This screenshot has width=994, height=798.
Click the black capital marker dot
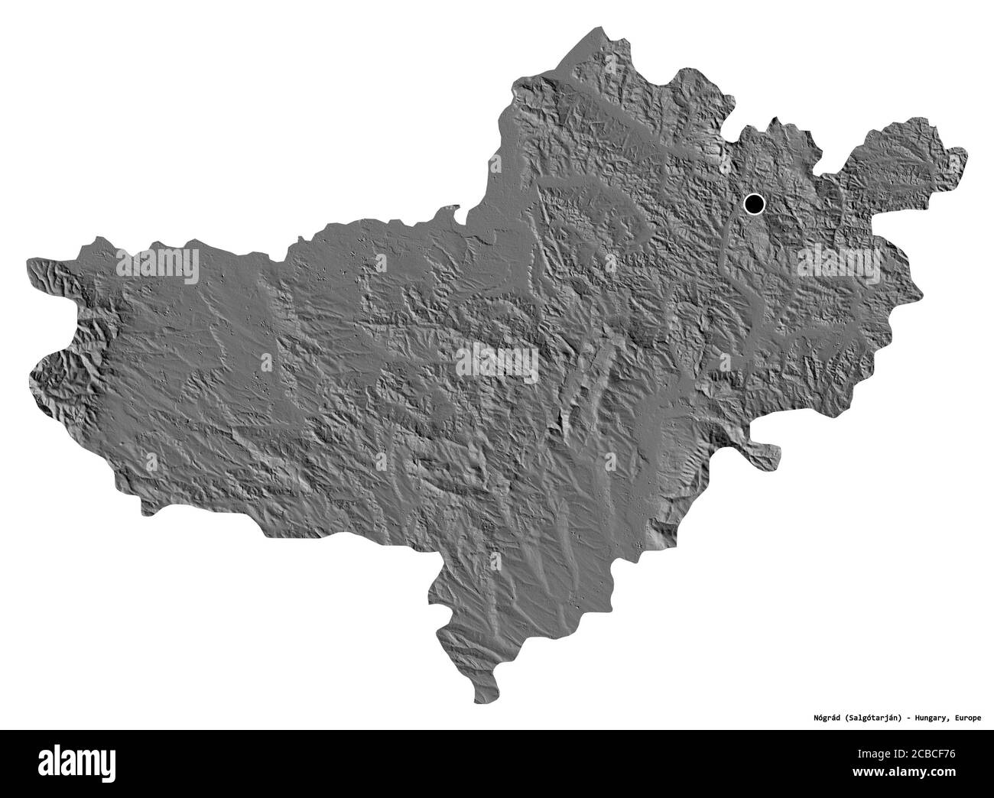click(x=754, y=203)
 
